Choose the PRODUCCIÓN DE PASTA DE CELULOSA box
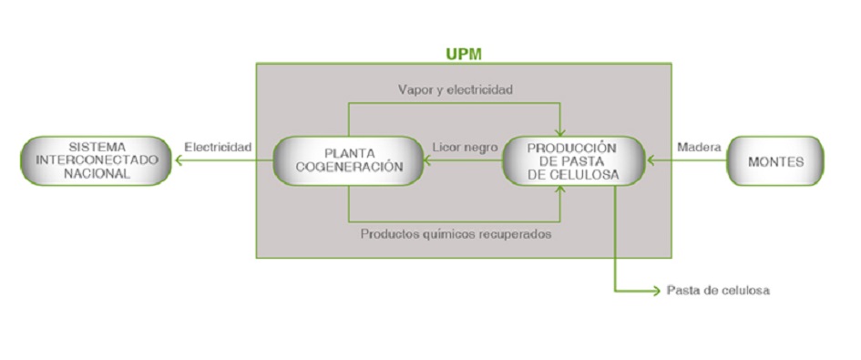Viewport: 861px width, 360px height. [573, 161]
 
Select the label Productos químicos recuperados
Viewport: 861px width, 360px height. [456, 233]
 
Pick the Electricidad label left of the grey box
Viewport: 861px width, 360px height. [218, 146]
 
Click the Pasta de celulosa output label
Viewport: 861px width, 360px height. [719, 292]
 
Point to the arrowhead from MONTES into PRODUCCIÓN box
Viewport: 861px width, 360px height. [650, 161]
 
